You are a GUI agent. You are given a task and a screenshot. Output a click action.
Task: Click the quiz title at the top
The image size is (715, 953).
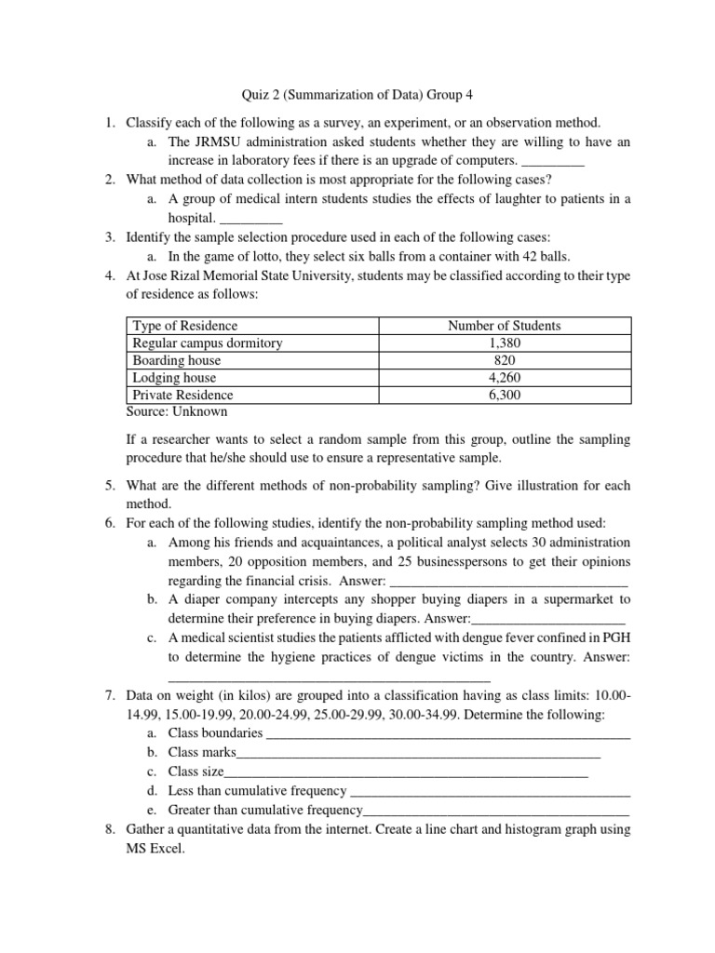(357, 94)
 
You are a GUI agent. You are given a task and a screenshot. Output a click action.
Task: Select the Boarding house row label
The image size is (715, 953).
(177, 360)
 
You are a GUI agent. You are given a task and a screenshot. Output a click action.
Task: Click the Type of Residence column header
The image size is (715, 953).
(185, 326)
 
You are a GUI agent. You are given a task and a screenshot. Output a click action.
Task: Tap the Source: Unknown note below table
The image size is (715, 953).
(176, 411)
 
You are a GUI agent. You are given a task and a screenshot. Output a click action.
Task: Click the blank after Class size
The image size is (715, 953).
(407, 772)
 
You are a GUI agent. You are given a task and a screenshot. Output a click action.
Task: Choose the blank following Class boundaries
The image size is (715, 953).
(448, 733)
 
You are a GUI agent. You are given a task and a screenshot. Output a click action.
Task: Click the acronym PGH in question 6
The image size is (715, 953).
(614, 638)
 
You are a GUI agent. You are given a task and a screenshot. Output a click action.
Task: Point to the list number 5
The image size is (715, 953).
(109, 486)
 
